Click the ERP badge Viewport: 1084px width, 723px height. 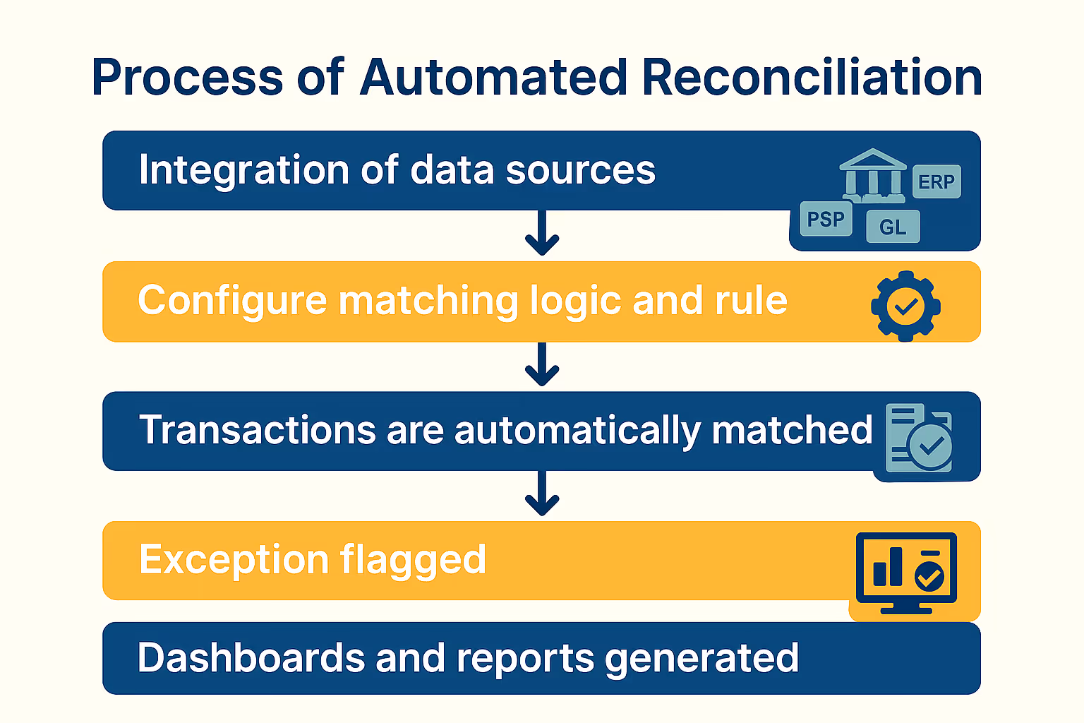point(937,181)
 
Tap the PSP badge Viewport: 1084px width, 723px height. point(826,219)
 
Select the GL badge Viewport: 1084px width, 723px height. point(893,227)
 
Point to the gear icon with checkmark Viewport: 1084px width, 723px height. point(905,306)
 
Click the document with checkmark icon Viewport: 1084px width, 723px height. point(918,438)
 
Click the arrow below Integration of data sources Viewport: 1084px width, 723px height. point(542,233)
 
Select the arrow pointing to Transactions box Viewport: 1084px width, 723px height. point(542,364)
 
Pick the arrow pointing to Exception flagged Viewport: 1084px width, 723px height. point(542,494)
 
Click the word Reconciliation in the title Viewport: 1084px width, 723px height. point(812,77)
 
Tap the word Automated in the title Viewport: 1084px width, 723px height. point(493,77)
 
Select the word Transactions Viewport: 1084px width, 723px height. point(258,430)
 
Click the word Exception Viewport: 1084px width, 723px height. point(234,559)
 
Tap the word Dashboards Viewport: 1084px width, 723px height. point(251,657)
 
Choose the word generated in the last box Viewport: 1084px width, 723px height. point(701,659)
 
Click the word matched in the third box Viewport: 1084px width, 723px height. point(792,430)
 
